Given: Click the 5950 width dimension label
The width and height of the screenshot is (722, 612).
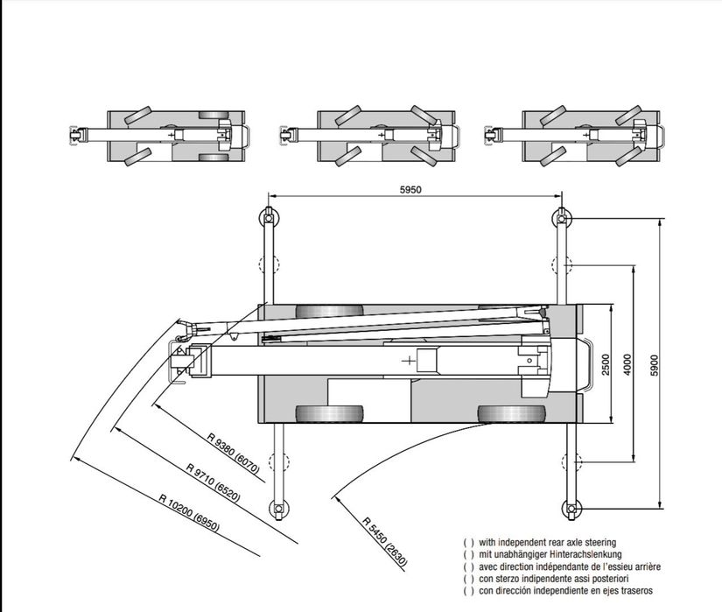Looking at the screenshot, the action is [x=410, y=189].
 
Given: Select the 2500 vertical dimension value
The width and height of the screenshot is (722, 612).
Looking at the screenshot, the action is [x=606, y=364].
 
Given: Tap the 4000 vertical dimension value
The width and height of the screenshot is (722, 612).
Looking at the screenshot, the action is [x=627, y=364].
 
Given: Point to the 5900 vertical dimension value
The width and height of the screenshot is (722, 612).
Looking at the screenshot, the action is [x=655, y=364].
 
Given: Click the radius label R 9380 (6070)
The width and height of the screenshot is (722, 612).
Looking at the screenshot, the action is [x=234, y=454].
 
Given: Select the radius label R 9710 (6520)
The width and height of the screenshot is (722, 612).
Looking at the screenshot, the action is [x=214, y=482].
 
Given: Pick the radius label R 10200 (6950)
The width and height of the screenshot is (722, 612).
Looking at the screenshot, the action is [x=189, y=512].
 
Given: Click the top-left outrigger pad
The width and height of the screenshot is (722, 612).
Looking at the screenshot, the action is [x=267, y=216].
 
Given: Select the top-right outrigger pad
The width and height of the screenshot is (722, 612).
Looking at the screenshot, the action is [x=561, y=216].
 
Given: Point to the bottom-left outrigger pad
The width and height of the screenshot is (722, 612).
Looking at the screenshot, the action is [x=278, y=509].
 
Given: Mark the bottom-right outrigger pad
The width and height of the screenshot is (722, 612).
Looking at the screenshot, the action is [x=571, y=509].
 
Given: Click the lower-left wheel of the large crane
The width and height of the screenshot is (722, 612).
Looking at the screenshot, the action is [x=329, y=414].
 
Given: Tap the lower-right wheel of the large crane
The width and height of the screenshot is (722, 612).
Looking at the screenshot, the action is [x=512, y=414].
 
